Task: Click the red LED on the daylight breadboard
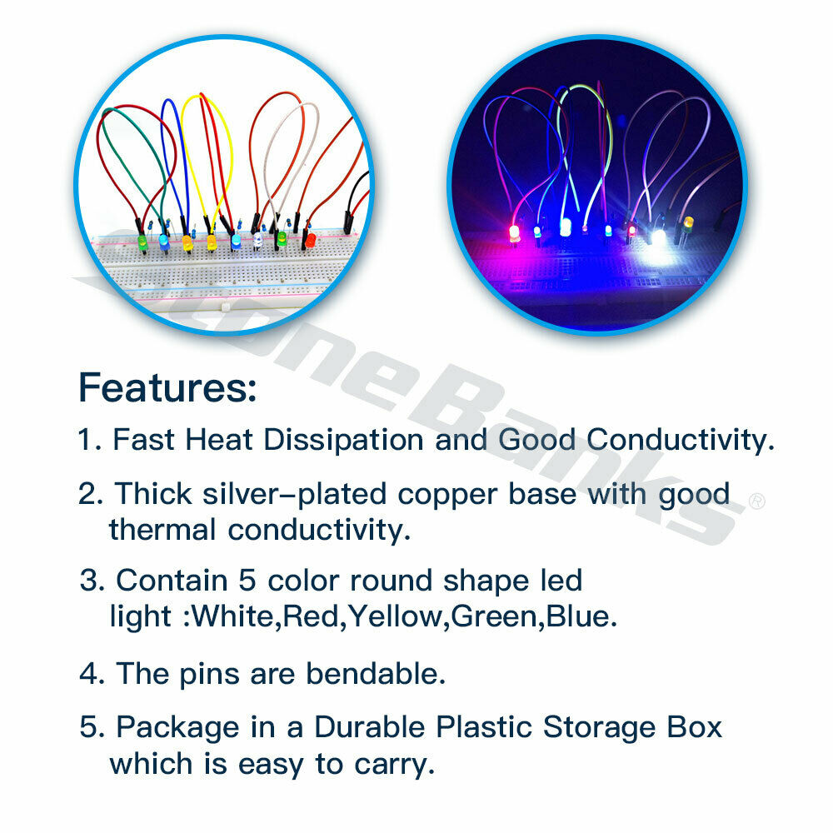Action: [310, 240]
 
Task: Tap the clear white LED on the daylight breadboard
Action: [257, 241]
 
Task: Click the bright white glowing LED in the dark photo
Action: [659, 237]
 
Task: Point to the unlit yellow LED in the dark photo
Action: [688, 222]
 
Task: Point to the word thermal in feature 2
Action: [162, 530]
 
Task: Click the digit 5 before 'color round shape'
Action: [247, 580]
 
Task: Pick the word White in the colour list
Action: [232, 616]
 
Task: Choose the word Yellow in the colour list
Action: [395, 616]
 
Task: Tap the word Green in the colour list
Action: [494, 616]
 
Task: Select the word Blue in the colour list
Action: [577, 616]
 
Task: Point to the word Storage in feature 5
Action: [599, 727]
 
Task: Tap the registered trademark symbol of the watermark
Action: [756, 501]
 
